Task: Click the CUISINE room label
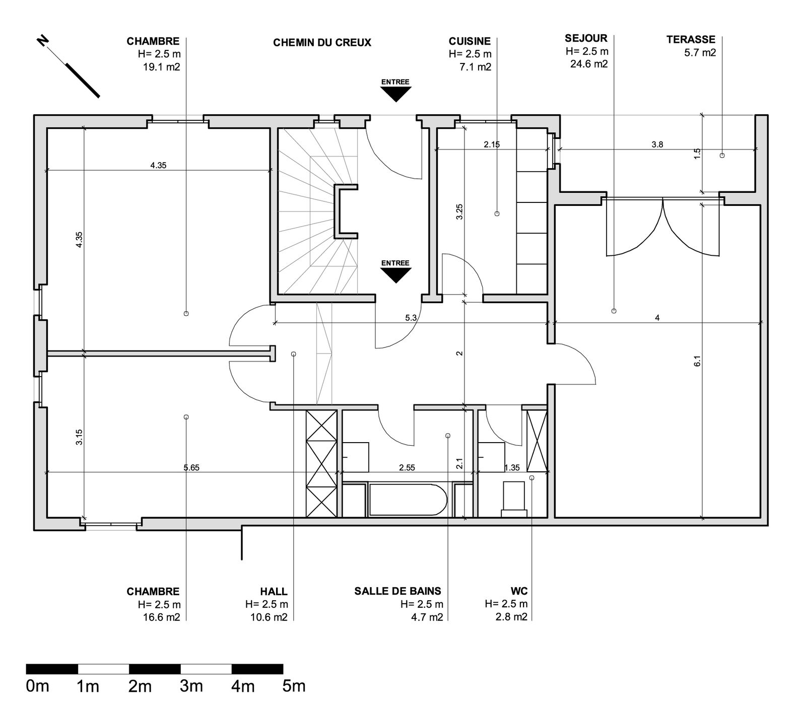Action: [x=469, y=41]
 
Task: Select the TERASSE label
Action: [x=691, y=39]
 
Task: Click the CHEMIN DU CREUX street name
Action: [x=322, y=43]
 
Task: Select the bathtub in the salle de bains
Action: [x=407, y=500]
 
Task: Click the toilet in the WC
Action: [x=514, y=499]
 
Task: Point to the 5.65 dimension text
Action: [x=191, y=467]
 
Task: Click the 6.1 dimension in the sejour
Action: [x=697, y=361]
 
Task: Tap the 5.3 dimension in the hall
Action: [x=411, y=318]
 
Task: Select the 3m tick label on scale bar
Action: [x=191, y=686]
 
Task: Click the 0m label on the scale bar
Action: [x=37, y=686]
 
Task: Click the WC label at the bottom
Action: [x=518, y=591]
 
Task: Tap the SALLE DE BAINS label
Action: [x=397, y=591]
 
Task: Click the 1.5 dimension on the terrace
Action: [x=697, y=153]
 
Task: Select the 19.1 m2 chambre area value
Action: [x=161, y=66]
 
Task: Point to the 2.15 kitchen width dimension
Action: [x=492, y=145]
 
